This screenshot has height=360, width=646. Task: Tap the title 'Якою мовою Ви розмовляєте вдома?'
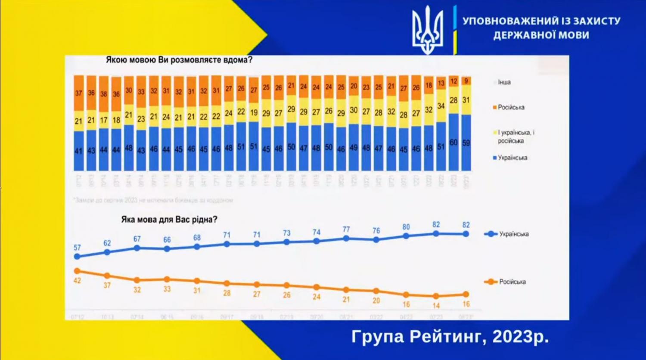coord(179,60)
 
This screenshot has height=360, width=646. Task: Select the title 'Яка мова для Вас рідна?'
coord(169,220)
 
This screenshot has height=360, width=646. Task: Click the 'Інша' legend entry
coord(504,82)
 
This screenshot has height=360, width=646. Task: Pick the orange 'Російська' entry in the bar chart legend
coord(511,107)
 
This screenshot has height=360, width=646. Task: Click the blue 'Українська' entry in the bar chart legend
coord(512,158)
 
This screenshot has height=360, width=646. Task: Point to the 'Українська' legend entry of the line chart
coord(513,234)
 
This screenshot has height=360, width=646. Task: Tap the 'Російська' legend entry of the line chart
coord(512,282)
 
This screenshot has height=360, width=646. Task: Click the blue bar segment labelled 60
coord(453,143)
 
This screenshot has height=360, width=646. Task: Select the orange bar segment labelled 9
coord(466,81)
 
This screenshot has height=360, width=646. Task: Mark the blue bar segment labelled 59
coord(466,143)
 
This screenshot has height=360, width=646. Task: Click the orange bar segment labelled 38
coord(103,94)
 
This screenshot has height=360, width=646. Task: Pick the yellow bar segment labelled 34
coord(441,106)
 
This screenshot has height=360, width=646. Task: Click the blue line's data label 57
coord(77,248)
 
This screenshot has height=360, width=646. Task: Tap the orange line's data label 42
coord(77,281)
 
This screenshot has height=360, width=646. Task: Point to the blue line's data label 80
coord(406,227)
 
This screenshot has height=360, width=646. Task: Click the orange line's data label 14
coord(436,306)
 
